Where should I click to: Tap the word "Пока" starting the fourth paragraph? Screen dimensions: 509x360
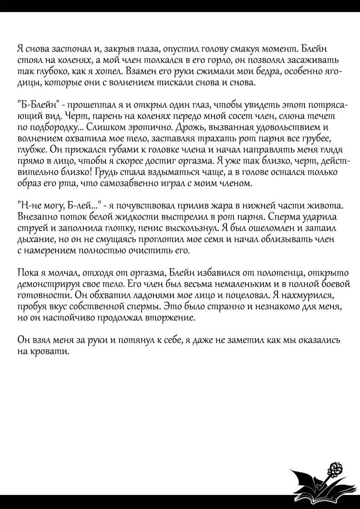(x=28, y=273)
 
